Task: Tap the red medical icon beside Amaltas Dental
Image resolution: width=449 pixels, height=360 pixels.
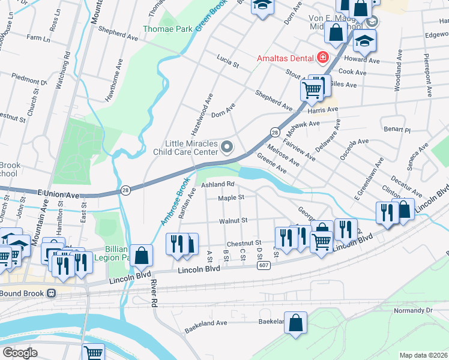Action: [x=322, y=58]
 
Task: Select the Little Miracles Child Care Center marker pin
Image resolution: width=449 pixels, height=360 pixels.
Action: [x=227, y=146]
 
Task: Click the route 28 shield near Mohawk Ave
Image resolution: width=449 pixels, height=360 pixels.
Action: [x=274, y=132]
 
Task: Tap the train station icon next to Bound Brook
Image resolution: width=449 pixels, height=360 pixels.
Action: [x=52, y=293]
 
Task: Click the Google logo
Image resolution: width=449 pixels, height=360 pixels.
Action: [x=20, y=353]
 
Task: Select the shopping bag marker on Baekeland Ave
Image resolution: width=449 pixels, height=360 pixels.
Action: [x=295, y=324]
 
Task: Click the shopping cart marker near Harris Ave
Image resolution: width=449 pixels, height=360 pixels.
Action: [x=312, y=90]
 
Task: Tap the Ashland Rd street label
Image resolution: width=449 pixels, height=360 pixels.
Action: [x=217, y=185]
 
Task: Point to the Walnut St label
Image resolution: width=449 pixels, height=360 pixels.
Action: [x=233, y=221]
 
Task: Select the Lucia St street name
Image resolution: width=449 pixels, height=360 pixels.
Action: [x=228, y=60]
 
